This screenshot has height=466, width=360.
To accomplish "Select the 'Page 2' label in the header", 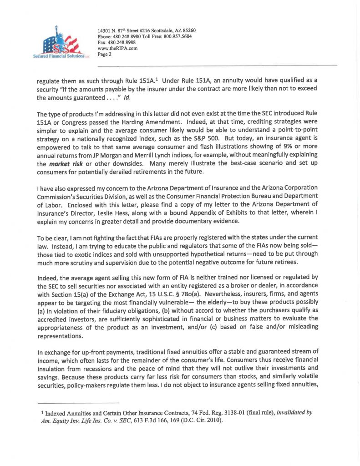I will click(105, 54).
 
